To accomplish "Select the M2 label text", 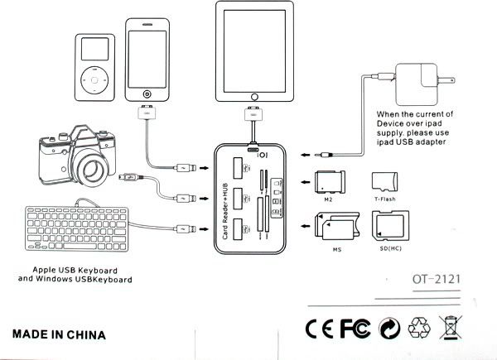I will coord(328,199).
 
